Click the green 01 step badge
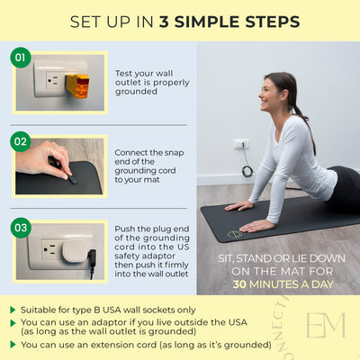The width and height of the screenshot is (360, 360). click(x=20, y=58)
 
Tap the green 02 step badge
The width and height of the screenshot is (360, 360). click(x=20, y=141)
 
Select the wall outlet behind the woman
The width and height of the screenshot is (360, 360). click(x=241, y=144)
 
